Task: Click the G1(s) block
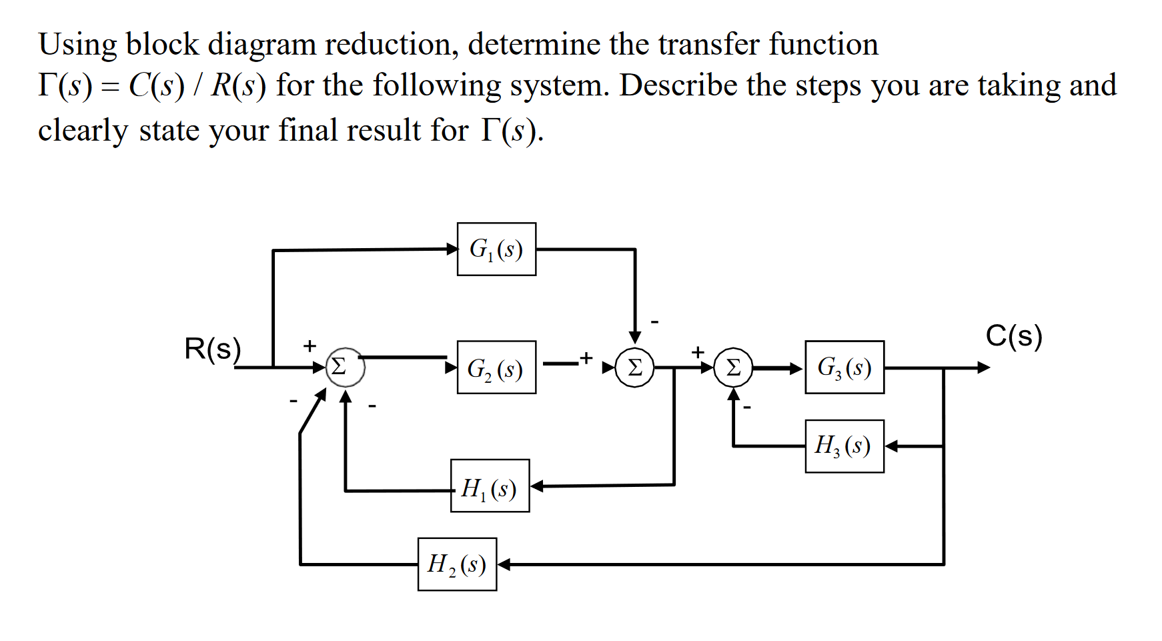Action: (496, 249)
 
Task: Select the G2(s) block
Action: (496, 368)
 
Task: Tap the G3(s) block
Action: (844, 368)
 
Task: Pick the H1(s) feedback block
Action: (490, 486)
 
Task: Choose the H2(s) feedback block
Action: (457, 564)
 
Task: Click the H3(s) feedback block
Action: (844, 446)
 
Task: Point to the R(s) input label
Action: (212, 349)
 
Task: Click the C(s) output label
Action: (1014, 336)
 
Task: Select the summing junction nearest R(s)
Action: (345, 367)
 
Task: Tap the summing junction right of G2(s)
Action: (634, 368)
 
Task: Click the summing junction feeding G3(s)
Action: (733, 368)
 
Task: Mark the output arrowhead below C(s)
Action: (983, 368)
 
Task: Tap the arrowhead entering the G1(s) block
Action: (452, 249)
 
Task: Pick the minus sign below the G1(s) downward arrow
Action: (655, 322)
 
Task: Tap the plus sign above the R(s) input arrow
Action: (309, 346)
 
